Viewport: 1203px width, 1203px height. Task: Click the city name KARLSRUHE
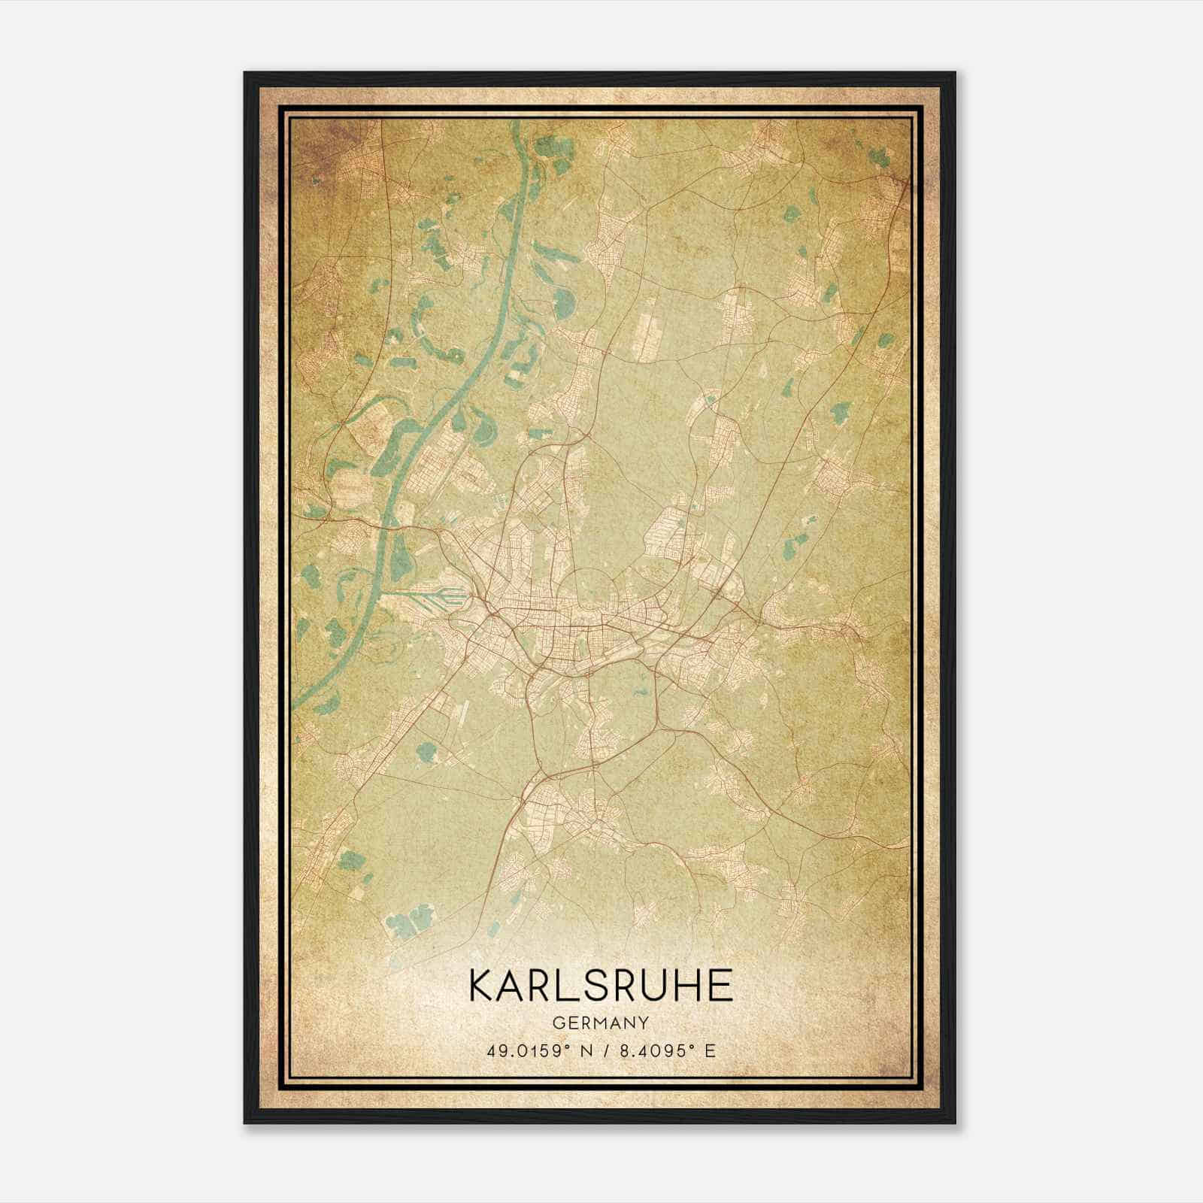[601, 985]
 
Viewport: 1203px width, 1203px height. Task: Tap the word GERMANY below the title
[601, 1023]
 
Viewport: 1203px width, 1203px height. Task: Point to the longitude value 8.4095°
[657, 1050]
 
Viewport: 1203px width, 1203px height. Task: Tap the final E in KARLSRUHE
[720, 985]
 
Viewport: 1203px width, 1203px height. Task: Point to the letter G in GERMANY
[558, 1023]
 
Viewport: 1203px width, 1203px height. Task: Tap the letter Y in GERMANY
[644, 1023]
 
